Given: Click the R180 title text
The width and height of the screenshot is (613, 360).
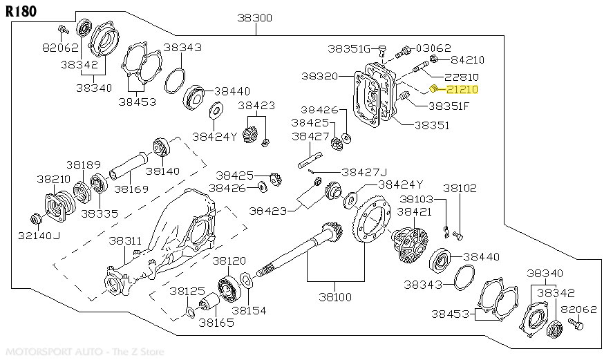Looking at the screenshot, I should [21, 12].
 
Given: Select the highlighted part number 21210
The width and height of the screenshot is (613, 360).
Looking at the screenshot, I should [462, 89].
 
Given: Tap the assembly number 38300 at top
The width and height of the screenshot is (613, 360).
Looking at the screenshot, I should [255, 17].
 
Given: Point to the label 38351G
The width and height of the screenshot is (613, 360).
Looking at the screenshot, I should [350, 48].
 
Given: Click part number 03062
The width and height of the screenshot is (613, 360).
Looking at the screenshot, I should [433, 48].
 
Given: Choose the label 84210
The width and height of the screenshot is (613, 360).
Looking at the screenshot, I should [467, 60].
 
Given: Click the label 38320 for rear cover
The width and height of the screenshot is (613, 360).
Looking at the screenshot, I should [321, 77].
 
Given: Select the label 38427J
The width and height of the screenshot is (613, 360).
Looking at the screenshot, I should [364, 172].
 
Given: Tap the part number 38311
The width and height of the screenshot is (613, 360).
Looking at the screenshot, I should [125, 241].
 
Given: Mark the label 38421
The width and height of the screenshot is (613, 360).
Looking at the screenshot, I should [415, 211].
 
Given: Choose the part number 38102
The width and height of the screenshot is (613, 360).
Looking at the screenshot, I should [460, 187].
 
